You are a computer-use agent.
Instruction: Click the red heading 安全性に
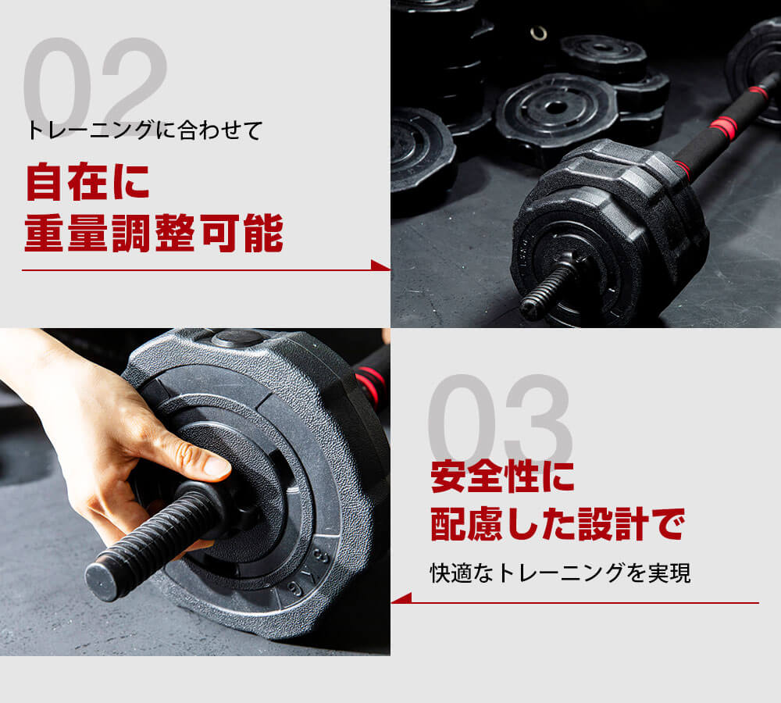tap(502, 476)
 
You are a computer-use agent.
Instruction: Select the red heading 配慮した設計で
tap(557, 524)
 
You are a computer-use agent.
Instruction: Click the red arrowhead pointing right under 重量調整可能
tap(381, 266)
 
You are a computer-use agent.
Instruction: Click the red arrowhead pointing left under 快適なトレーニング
tap(401, 599)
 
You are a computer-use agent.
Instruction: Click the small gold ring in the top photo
tap(539, 33)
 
